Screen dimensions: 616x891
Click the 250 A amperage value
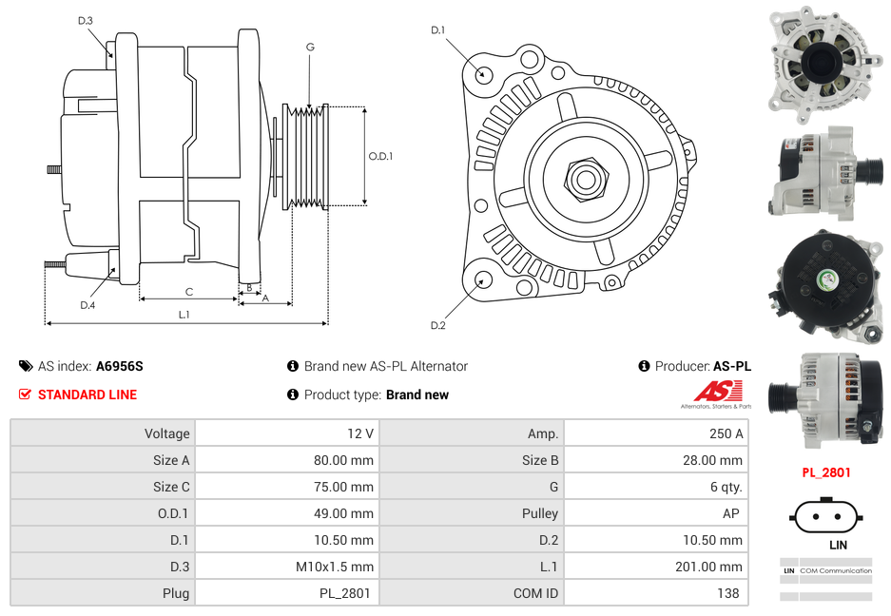click(x=726, y=433)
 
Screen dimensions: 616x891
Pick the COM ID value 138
click(x=730, y=593)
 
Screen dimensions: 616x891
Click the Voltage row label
click(x=166, y=433)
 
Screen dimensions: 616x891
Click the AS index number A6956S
click(x=120, y=366)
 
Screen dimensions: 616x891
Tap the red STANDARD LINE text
click(x=87, y=395)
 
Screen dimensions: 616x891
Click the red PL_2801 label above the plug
click(x=825, y=472)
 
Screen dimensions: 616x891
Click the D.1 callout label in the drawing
click(x=437, y=30)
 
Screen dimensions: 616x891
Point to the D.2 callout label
click(x=437, y=326)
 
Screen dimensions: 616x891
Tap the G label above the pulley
click(x=310, y=47)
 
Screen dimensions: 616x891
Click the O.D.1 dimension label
click(x=380, y=156)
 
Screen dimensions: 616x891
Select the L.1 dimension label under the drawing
click(x=184, y=314)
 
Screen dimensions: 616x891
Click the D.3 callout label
click(x=86, y=20)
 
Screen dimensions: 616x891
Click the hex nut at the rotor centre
click(x=586, y=177)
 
